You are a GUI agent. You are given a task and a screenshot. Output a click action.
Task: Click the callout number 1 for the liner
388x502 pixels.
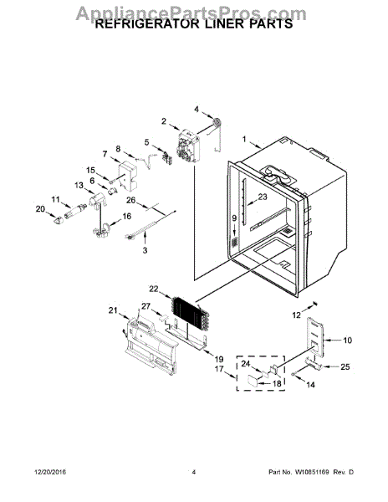[245, 140]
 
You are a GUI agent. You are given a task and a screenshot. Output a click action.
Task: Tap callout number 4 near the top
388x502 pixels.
[197, 109]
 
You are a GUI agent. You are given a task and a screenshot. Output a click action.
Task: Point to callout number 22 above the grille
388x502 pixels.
[153, 289]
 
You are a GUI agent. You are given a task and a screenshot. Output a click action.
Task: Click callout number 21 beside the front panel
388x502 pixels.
[114, 311]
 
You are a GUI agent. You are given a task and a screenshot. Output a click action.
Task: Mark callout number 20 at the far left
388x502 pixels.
[38, 209]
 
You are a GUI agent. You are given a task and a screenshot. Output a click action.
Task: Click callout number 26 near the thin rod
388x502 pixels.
[130, 201]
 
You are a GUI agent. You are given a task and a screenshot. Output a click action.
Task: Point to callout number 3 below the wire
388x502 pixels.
[144, 250]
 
